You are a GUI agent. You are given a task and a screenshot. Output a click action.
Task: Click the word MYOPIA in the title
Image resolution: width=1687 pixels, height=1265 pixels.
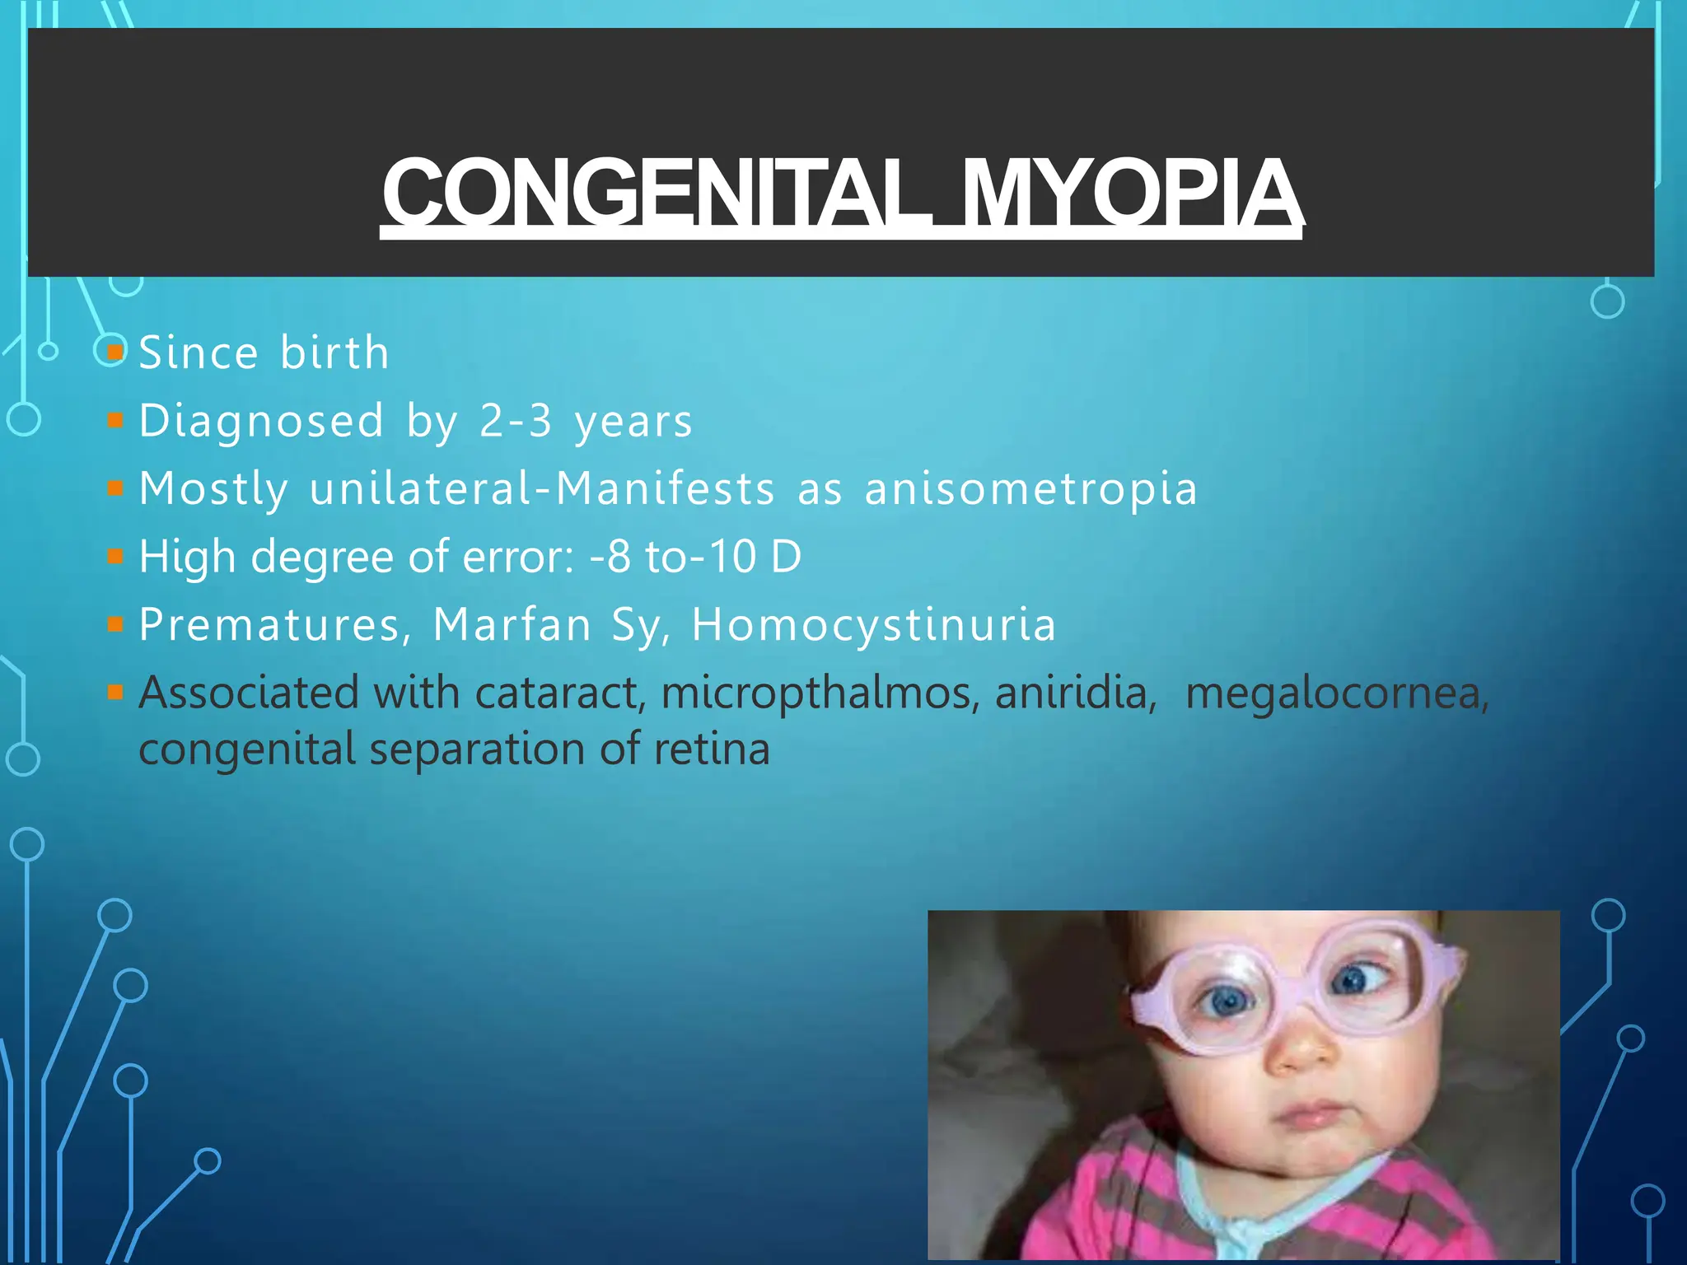pyautogui.click(x=1131, y=194)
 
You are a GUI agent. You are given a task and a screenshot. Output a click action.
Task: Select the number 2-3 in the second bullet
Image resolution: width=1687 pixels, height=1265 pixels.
pyautogui.click(x=516, y=421)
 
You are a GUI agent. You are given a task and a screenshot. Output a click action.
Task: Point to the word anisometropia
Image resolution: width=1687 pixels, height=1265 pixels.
pyautogui.click(x=1030, y=488)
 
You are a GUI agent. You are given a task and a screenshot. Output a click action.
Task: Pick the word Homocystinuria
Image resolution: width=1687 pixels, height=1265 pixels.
pyautogui.click(x=874, y=624)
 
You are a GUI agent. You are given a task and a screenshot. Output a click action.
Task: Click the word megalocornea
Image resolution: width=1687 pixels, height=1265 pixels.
pyautogui.click(x=1337, y=693)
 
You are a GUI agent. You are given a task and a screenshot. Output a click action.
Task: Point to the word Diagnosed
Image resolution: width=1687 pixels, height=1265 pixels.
pyautogui.click(x=261, y=421)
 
